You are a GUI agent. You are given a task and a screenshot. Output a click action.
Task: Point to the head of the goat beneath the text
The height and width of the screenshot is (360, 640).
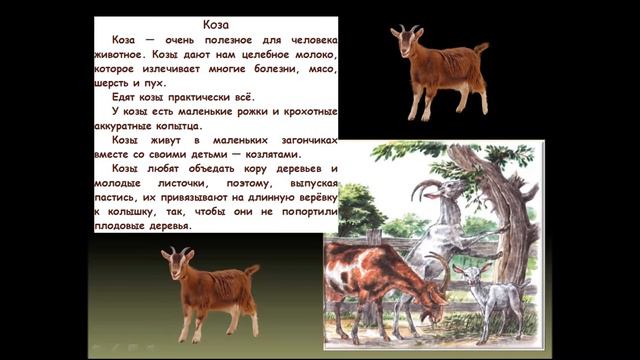click(x=180, y=264)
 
